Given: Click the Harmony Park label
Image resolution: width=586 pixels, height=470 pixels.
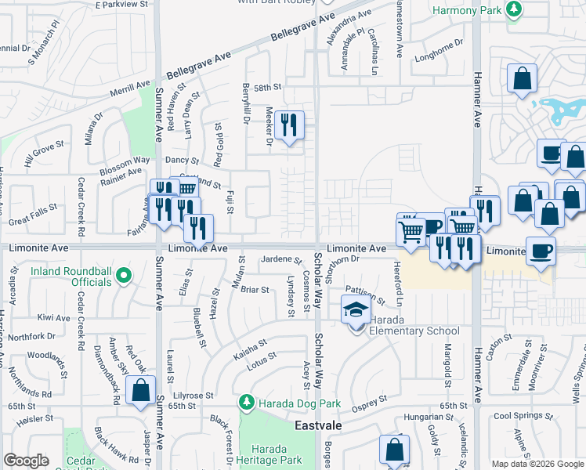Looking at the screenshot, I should tap(467, 10).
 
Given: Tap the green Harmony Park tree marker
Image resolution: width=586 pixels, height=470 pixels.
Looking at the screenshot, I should tap(513, 9).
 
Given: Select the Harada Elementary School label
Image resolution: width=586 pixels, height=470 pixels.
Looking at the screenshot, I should tap(415, 331).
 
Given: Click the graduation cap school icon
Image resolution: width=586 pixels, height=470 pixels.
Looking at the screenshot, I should tap(356, 311).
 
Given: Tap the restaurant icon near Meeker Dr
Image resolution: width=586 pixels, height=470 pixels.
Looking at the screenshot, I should tap(289, 125).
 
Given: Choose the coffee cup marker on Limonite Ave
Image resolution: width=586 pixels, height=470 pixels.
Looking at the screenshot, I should tap(541, 251).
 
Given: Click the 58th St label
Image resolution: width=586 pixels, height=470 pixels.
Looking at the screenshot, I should tap(266, 88).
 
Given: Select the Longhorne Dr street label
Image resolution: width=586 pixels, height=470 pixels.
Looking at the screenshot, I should tap(439, 55).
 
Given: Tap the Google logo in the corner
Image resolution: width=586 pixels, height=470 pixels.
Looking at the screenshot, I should tap(26, 461).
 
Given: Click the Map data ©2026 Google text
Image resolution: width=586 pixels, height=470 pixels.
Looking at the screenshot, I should tap(537, 464).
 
